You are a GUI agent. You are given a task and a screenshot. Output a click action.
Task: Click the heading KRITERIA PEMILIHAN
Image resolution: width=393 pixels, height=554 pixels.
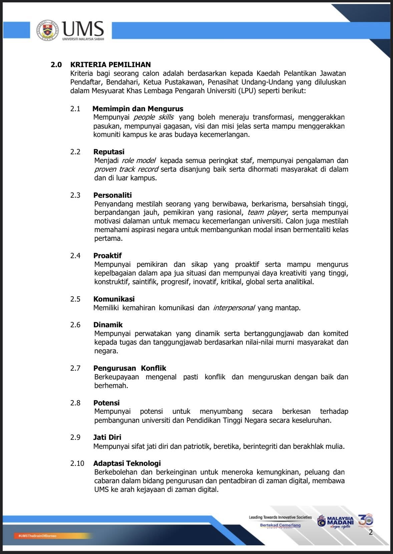point(110,64)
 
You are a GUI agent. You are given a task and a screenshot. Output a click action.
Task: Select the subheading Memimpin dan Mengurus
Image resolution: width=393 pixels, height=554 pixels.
point(138,109)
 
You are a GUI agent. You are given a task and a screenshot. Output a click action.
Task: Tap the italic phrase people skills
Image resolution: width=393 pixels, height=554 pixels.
point(153,117)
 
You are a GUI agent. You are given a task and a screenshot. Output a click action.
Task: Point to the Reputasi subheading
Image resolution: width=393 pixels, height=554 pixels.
point(109,152)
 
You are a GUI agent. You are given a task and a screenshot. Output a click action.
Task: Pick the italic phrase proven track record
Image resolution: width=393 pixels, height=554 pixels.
point(126,169)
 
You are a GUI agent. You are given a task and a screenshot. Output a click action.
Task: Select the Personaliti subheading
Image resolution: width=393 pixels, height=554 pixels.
point(112,195)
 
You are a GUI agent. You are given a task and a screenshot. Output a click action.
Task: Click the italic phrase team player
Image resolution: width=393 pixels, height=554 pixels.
point(267,212)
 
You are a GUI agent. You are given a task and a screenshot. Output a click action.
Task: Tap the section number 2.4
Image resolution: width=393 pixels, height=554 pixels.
point(75,255)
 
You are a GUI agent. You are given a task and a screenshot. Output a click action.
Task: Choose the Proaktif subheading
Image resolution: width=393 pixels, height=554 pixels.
point(107,255)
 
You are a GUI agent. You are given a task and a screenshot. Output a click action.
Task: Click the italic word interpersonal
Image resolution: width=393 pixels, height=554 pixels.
point(234,308)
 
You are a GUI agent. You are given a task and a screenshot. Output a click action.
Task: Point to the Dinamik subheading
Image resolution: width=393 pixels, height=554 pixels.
point(108,325)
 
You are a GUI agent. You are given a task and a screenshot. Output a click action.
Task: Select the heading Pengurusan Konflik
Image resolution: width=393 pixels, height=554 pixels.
point(130,368)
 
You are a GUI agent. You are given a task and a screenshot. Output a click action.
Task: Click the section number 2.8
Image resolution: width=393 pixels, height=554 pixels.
point(75,403)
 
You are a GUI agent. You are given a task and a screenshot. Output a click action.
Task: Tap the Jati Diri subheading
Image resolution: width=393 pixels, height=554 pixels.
point(107,437)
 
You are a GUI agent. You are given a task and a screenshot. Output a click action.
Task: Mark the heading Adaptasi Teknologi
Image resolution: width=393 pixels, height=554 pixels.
point(127,463)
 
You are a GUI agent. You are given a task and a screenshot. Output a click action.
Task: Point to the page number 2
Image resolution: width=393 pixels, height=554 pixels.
point(371,532)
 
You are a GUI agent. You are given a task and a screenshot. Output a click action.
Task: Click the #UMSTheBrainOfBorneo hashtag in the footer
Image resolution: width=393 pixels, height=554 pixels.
point(35,536)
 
